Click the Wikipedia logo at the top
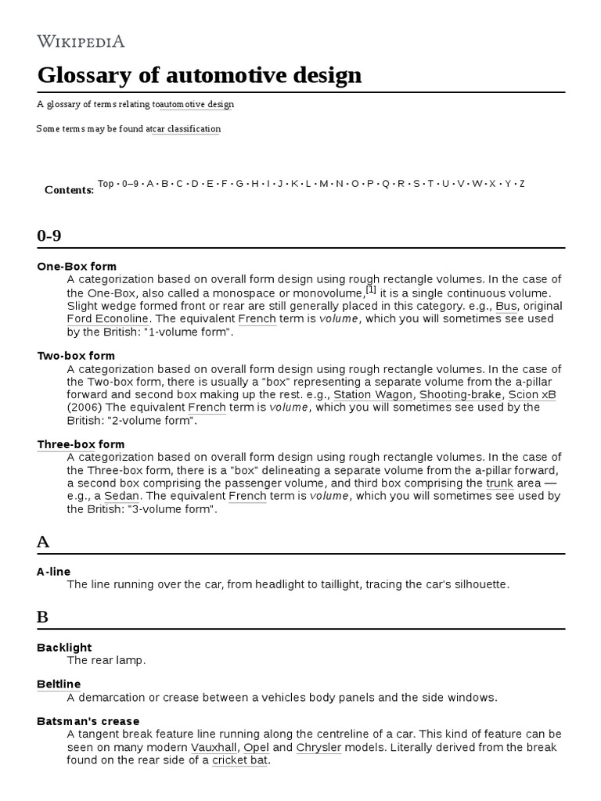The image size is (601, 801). pyautogui.click(x=81, y=41)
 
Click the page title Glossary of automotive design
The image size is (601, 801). pyautogui.click(x=200, y=75)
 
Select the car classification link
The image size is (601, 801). pyautogui.click(x=185, y=128)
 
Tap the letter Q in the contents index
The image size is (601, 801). pyautogui.click(x=385, y=184)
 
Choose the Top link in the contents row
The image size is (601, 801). pyautogui.click(x=106, y=184)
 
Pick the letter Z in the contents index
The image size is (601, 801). pyautogui.click(x=522, y=184)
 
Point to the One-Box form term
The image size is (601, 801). pyautogui.click(x=77, y=267)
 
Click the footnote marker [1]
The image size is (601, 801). pyautogui.click(x=371, y=289)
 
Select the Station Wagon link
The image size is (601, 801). pyautogui.click(x=372, y=395)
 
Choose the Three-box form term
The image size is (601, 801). pyautogui.click(x=81, y=444)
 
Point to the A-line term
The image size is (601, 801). pyautogui.click(x=53, y=572)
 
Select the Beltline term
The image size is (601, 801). pyautogui.click(x=59, y=684)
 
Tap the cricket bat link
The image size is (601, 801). pyautogui.click(x=239, y=760)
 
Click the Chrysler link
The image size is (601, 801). pyautogui.click(x=322, y=747)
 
